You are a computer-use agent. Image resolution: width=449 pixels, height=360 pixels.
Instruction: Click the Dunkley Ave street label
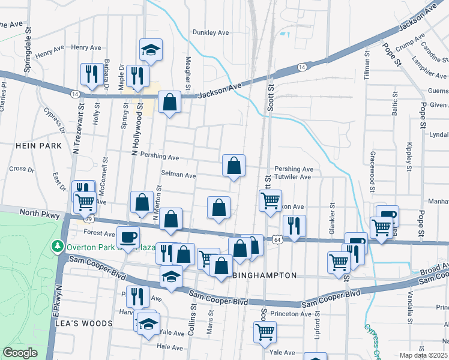(211, 33)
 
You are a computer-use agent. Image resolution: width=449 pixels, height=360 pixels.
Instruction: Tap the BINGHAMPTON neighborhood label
(264, 275)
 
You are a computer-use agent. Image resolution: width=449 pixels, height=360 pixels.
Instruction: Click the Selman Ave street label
(178, 176)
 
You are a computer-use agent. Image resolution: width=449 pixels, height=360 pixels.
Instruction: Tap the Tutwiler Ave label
(293, 177)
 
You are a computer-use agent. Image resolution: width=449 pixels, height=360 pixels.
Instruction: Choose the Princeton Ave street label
(291, 314)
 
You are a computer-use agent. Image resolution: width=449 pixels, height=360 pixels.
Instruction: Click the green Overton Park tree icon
(58, 245)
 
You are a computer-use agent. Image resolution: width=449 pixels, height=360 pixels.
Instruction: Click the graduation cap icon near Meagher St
(151, 50)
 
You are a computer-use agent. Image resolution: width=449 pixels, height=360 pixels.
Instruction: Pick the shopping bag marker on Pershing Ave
(234, 166)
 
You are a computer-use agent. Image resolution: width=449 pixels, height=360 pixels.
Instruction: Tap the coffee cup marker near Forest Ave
(127, 236)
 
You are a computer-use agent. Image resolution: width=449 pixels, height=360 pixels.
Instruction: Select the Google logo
(20, 353)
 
